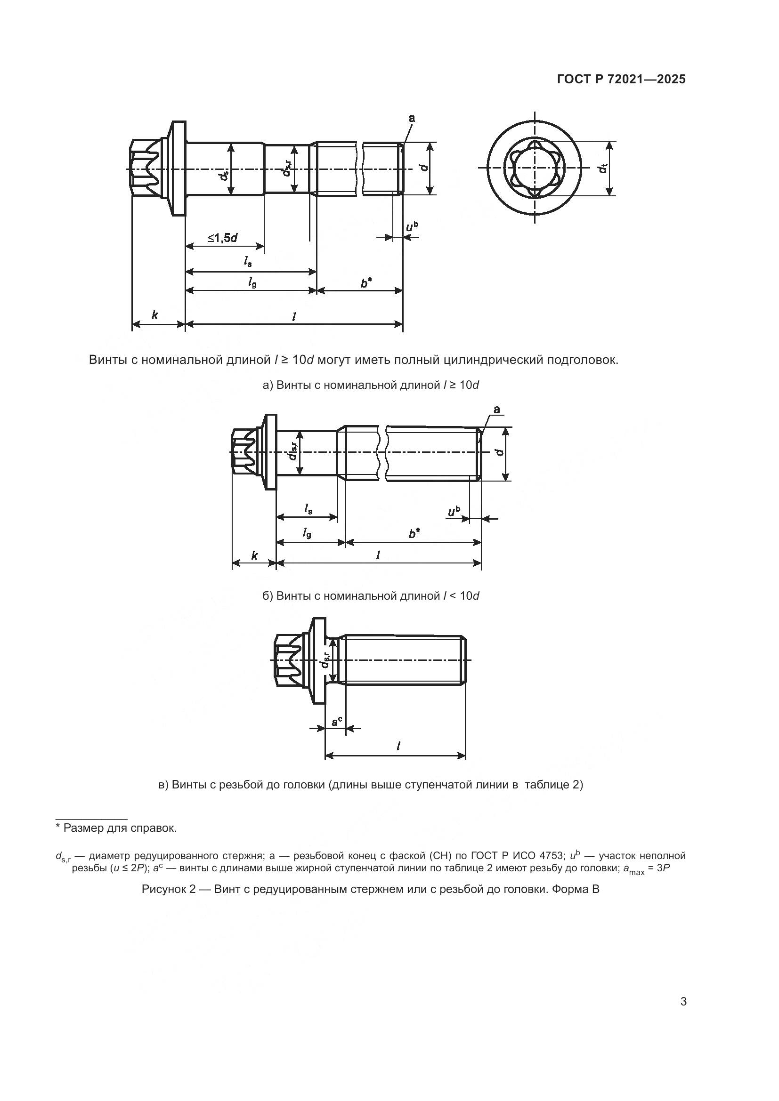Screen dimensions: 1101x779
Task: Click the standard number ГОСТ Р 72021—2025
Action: [621, 80]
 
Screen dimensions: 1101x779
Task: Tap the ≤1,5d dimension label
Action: [224, 237]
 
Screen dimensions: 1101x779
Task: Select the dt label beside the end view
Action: [602, 169]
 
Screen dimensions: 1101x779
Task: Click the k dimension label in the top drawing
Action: [154, 315]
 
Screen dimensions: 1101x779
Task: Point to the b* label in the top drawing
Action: [366, 283]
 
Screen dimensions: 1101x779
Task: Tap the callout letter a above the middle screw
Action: [496, 409]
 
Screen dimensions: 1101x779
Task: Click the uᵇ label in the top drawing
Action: [412, 226]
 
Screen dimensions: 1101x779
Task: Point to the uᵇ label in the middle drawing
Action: [453, 512]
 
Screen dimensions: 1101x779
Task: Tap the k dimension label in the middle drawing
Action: [255, 556]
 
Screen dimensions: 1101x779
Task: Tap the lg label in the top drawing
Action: [252, 283]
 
